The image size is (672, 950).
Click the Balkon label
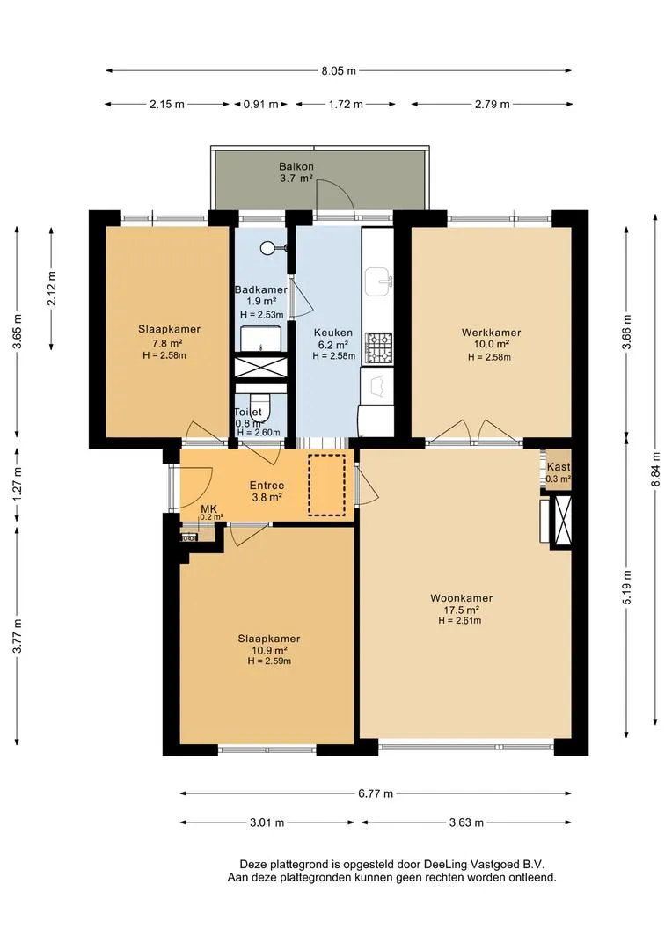coord(296,166)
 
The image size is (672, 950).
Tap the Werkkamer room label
coord(491,332)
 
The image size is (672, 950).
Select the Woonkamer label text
coord(461,598)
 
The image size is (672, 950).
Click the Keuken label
coord(333,332)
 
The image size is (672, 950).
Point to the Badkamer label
coord(260,289)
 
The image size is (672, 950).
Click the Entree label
coord(267,486)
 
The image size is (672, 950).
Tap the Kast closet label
coord(558,467)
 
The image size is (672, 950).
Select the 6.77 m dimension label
coord(376,793)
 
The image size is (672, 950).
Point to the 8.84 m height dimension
coord(655,465)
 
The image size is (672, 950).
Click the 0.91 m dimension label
coord(261,104)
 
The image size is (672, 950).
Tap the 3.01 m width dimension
coord(267,822)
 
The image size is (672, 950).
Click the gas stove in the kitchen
coord(378,347)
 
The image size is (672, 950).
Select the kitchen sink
coord(379,281)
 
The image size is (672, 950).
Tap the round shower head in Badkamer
coord(267,247)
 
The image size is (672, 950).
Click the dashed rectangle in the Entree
coord(326,485)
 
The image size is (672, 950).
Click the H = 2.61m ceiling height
coord(460,620)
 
